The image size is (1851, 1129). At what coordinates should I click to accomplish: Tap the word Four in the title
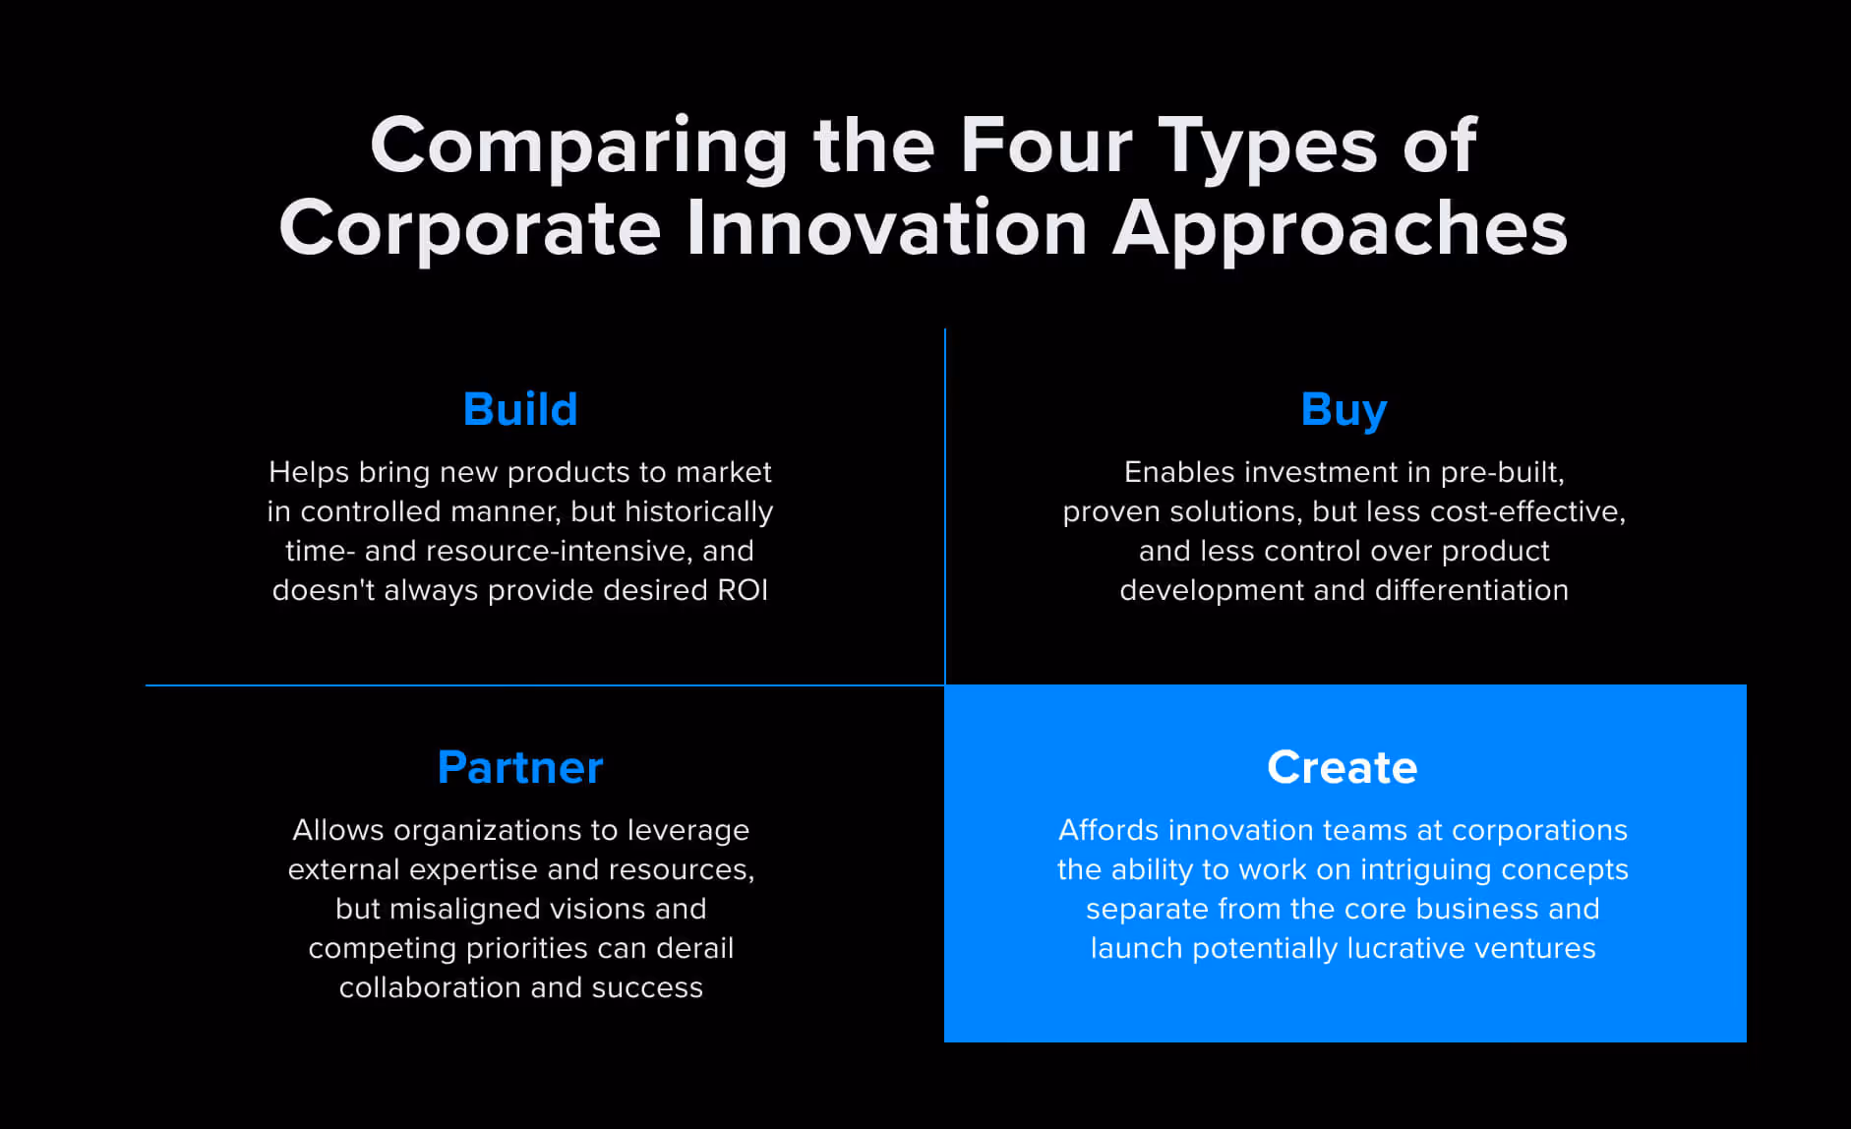1046,146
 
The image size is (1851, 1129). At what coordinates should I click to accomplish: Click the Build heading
520,409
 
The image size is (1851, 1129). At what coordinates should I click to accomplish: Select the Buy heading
1343,411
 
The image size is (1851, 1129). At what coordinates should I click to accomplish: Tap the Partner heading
520,767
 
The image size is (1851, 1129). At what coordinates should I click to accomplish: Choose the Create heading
1343,767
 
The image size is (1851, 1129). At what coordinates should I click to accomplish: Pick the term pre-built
1502,473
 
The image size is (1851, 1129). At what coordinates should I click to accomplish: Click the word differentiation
1471,590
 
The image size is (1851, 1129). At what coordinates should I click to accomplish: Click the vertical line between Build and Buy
945,506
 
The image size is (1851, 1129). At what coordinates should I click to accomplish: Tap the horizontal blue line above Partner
545,685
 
